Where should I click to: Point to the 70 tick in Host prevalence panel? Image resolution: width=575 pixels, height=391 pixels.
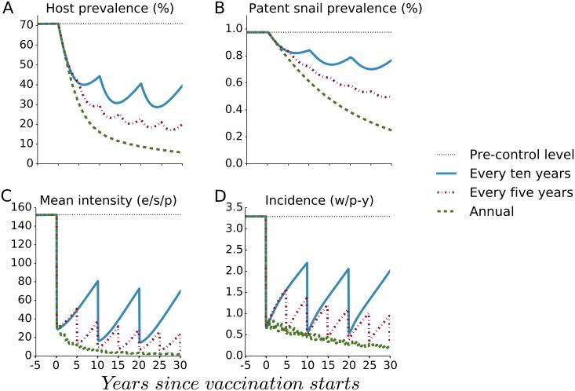point(24,24)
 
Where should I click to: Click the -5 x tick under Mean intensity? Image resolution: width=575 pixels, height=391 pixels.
point(35,364)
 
